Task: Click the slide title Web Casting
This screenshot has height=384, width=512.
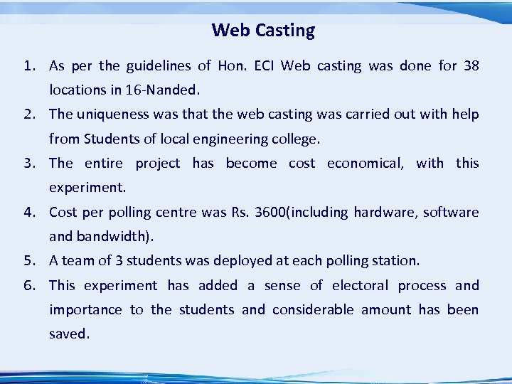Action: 263,31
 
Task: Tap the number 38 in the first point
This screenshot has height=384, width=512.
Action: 471,66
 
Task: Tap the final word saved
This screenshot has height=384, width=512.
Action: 69,334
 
